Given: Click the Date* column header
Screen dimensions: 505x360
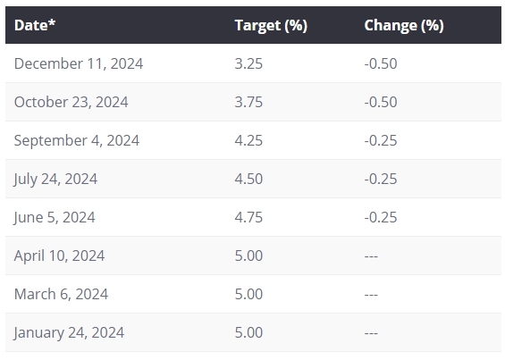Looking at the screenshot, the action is click(35, 25).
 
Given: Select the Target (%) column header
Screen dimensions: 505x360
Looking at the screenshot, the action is click(271, 25).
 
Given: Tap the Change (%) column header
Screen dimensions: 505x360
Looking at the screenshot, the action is click(404, 25).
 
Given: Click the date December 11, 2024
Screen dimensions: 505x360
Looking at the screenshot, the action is click(79, 63).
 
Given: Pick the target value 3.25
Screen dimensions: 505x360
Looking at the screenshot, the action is click(248, 63).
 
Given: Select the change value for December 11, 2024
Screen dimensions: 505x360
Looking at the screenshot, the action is click(381, 63).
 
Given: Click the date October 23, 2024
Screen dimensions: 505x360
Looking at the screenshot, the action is click(72, 102).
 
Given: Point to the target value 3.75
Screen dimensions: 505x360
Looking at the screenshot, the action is click(248, 102).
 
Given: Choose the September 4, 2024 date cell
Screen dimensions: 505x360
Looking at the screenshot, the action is click(77, 141).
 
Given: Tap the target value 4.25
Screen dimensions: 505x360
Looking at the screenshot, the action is click(248, 140).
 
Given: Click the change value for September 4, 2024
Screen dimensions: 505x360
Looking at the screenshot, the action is click(381, 140).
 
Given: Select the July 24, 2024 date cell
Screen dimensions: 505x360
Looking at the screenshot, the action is click(55, 179).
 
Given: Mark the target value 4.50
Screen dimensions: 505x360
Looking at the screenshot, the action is click(248, 179).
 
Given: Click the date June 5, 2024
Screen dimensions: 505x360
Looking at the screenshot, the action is click(55, 217).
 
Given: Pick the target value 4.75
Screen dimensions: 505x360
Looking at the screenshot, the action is click(248, 217).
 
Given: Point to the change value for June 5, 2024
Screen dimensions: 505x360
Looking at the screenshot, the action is click(381, 217).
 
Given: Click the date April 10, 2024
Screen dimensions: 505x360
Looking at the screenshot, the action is click(59, 255).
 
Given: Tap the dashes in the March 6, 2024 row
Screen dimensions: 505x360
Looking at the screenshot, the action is click(371, 295).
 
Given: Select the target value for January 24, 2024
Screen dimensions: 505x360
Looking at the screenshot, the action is click(248, 332).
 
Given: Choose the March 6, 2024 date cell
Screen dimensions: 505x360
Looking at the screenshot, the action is click(61, 294).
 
